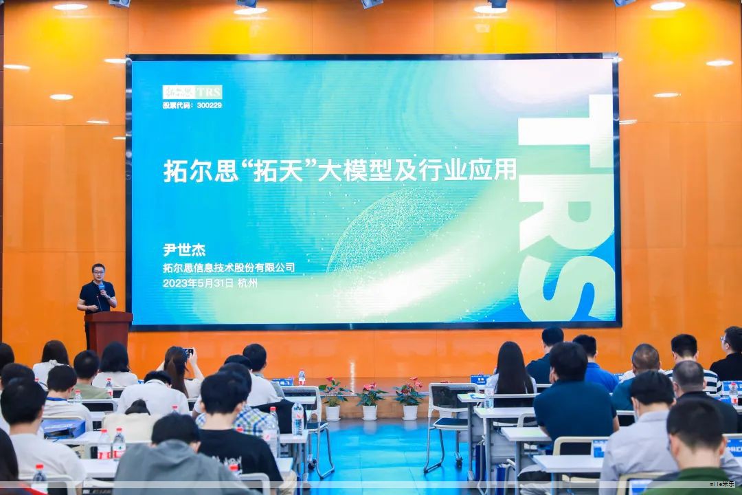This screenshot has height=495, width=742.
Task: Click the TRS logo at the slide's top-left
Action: tap(192, 91)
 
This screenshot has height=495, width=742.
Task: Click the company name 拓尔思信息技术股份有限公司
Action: tap(228, 267)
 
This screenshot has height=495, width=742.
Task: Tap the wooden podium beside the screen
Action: tap(109, 330)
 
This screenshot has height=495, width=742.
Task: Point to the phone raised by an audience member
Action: tap(188, 353)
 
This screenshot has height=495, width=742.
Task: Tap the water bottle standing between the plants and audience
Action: tap(301, 377)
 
